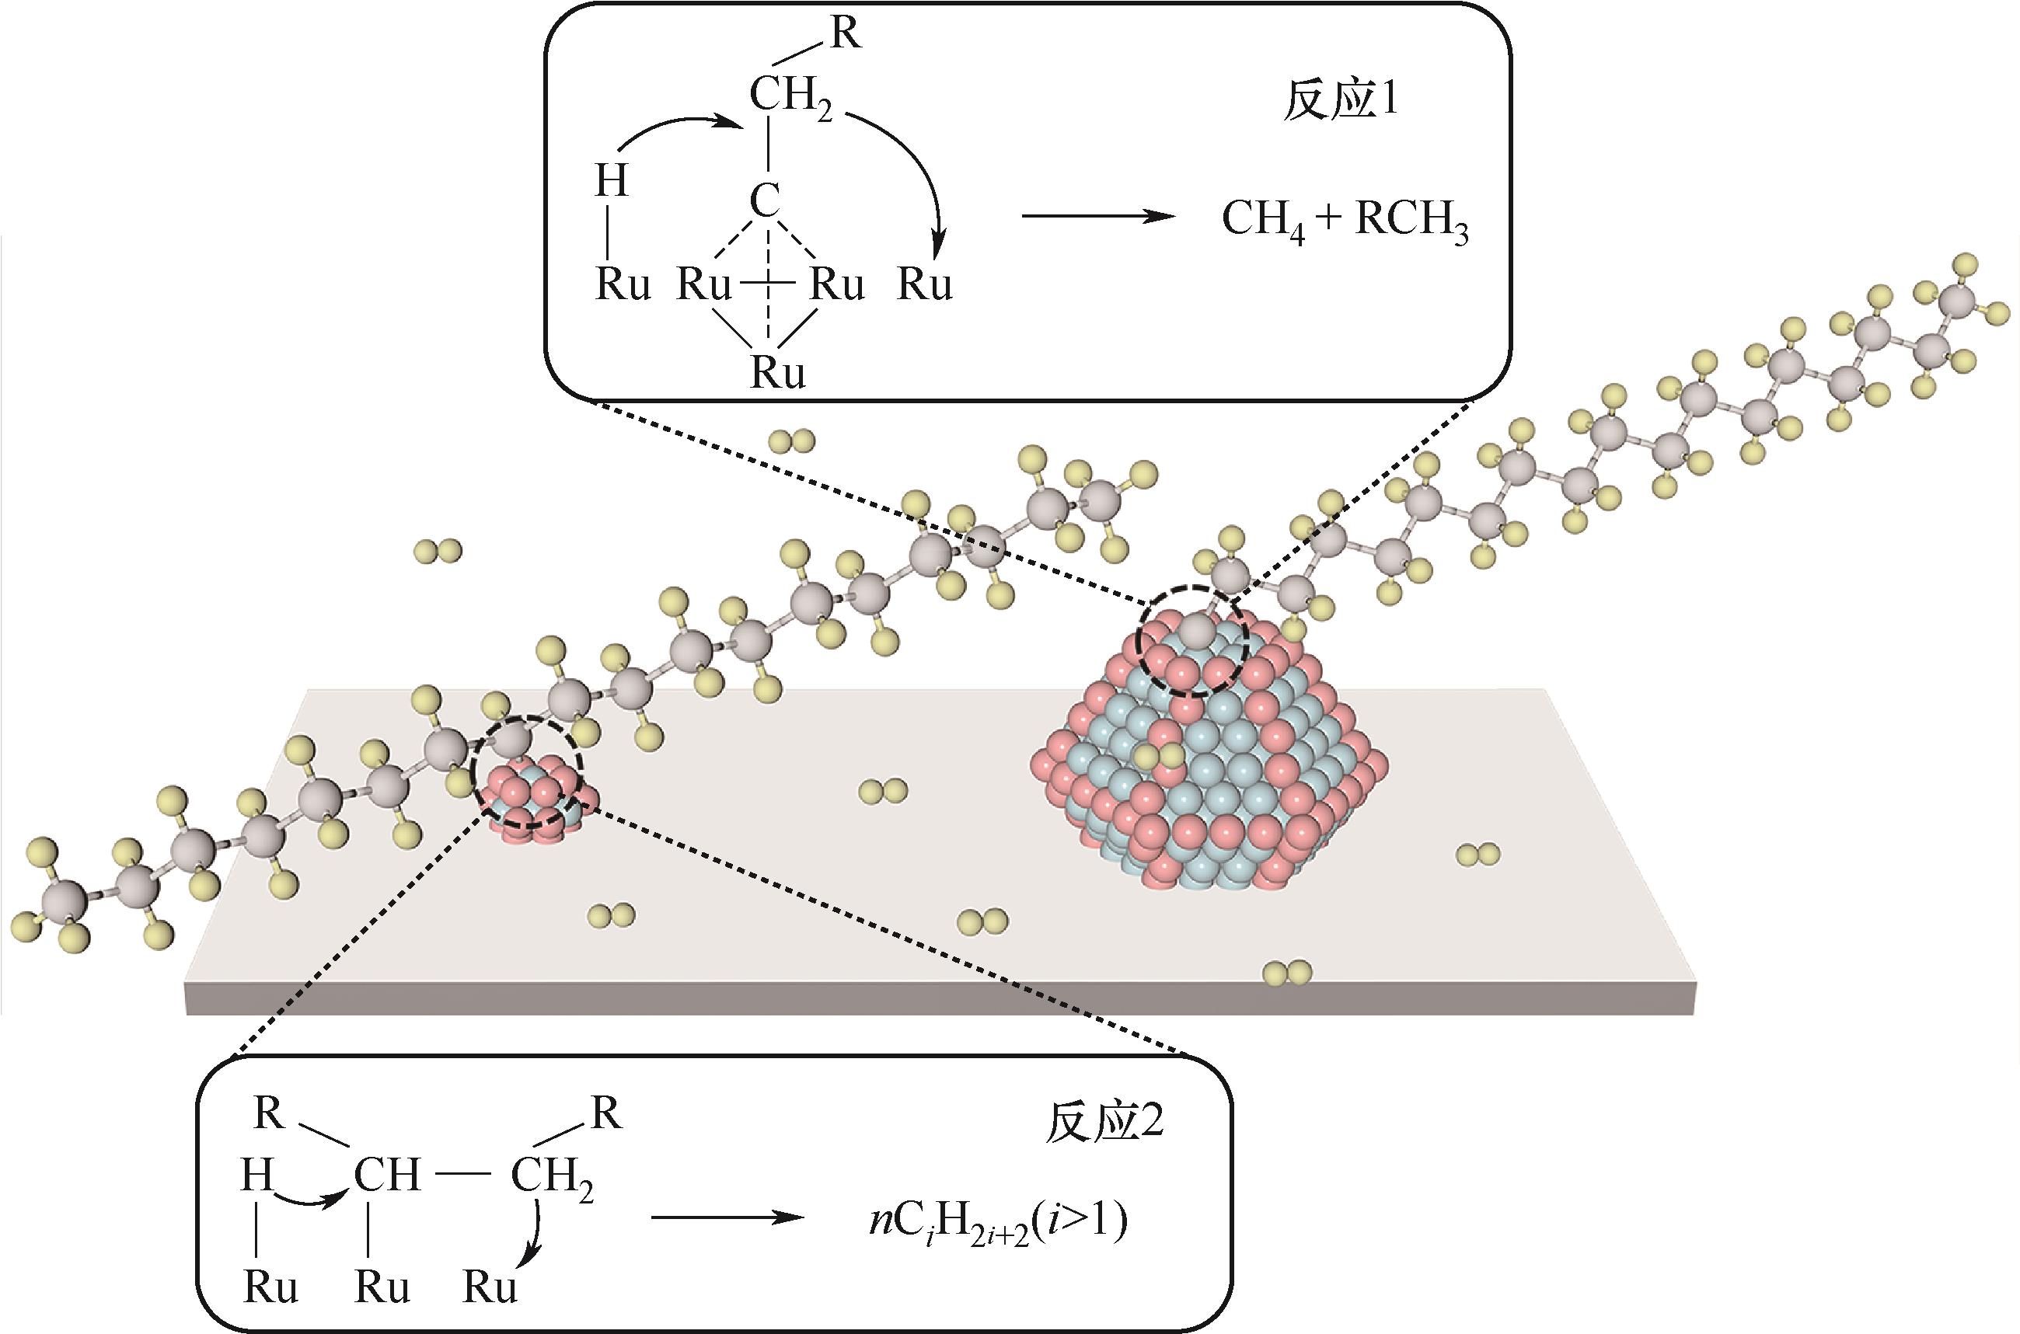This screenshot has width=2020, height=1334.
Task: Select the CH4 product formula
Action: click(x=1265, y=221)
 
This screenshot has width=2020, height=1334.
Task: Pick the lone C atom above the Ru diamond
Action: click(x=764, y=202)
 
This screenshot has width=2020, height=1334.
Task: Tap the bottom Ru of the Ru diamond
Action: click(x=778, y=374)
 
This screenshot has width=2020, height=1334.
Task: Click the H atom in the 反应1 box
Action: click(x=611, y=181)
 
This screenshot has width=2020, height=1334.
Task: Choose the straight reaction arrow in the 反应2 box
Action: click(x=727, y=1217)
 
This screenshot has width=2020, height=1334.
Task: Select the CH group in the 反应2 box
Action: click(x=387, y=1176)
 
